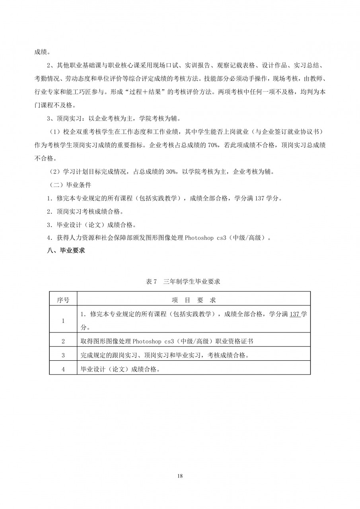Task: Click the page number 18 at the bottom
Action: (x=180, y=476)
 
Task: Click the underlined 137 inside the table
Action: (x=294, y=314)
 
